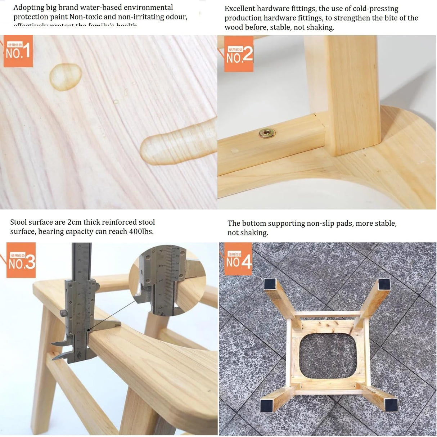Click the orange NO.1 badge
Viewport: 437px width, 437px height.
(18, 51)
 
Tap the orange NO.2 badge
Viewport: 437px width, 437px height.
(239, 54)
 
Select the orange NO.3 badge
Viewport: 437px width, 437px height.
(21, 260)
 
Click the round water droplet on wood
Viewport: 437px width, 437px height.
(65, 76)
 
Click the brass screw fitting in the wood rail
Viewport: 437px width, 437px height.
(267, 134)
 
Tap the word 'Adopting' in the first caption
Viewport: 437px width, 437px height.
(29, 7)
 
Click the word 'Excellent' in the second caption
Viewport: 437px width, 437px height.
(240, 9)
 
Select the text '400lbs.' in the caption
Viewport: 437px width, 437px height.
(141, 231)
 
